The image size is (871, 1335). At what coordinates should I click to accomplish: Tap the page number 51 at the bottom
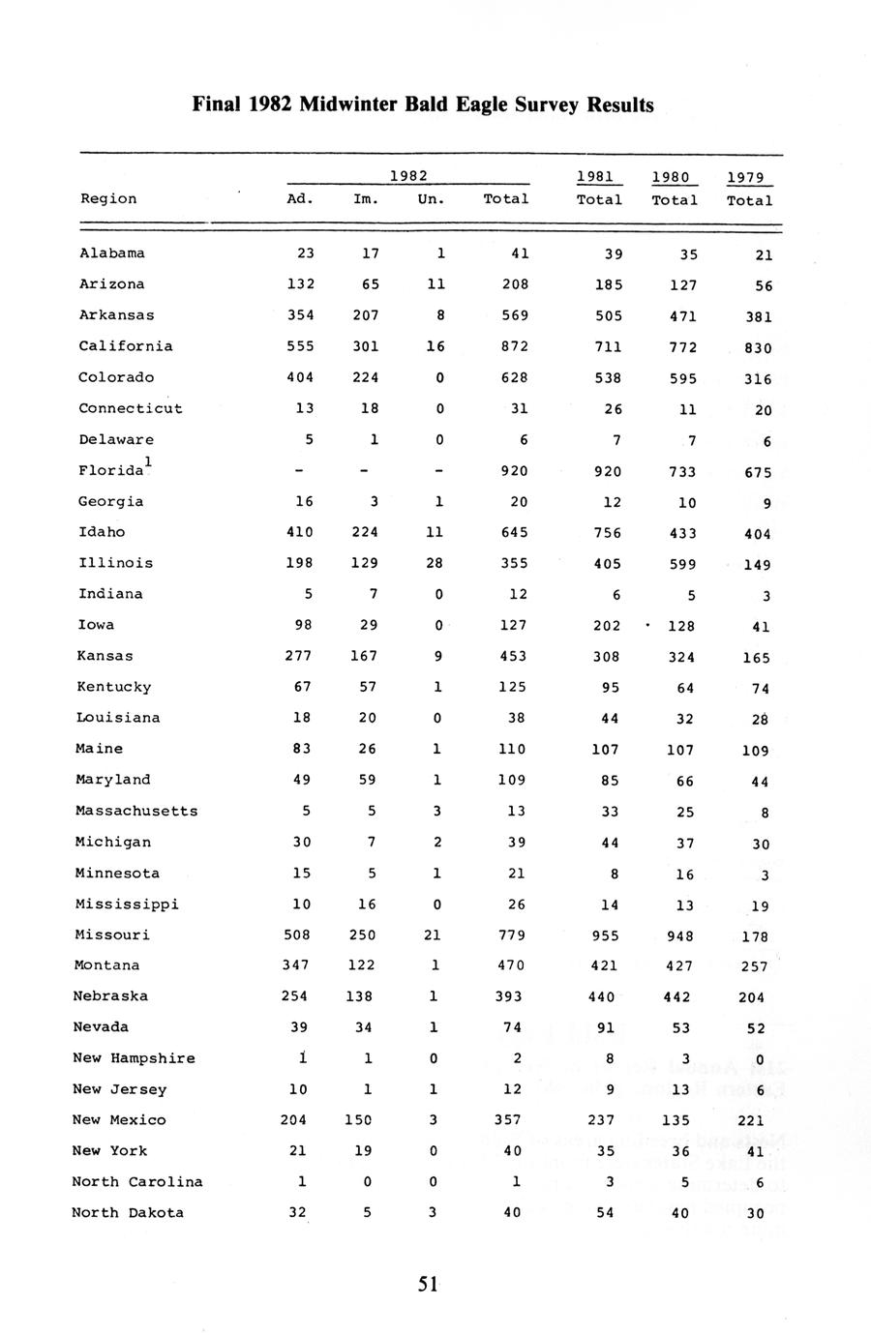[428, 1284]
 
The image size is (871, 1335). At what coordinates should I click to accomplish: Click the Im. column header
[366, 199]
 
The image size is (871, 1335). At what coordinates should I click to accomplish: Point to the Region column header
[108, 199]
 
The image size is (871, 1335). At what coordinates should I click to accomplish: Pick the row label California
[126, 346]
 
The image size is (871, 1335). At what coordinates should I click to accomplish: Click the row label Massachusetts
[136, 812]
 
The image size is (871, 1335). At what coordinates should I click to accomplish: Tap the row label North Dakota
[128, 1213]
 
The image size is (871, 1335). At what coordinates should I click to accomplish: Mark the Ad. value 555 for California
[301, 346]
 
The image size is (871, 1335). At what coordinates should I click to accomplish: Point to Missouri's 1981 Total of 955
[605, 935]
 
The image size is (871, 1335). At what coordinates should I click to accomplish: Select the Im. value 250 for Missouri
[366, 935]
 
